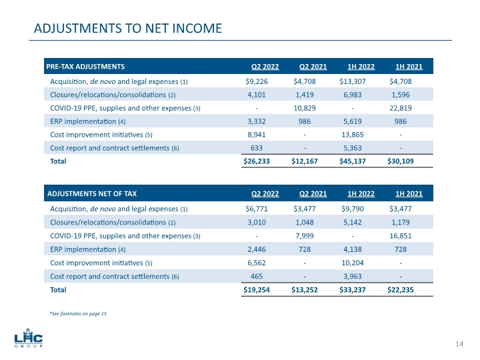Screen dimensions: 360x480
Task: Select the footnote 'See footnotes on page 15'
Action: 77,313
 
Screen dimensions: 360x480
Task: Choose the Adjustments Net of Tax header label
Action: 91,193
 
